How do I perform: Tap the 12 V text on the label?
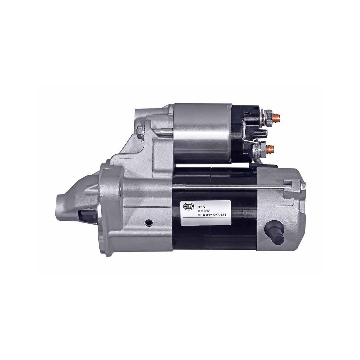pos(202,203)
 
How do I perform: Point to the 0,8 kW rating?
pos(204,209)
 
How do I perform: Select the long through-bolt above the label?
pos(230,186)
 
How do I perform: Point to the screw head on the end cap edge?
pos(303,186)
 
